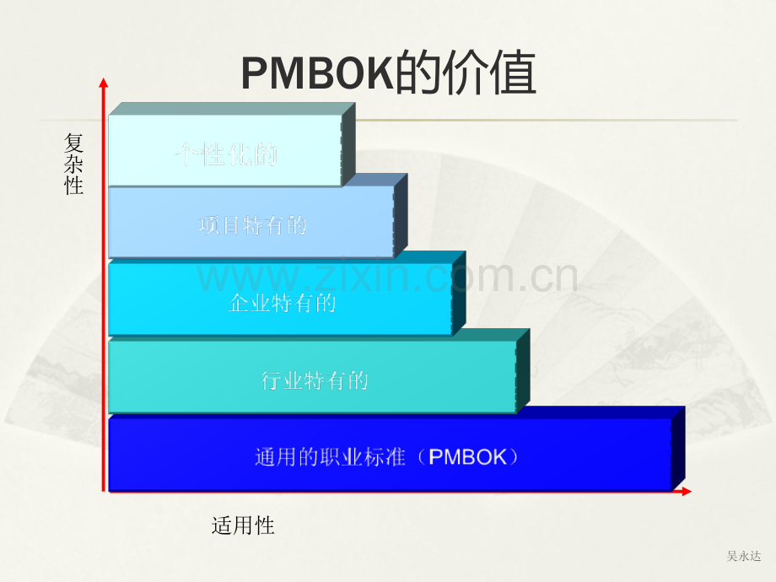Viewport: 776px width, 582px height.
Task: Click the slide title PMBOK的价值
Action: [389, 73]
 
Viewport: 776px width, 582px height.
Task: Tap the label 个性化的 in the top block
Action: [226, 154]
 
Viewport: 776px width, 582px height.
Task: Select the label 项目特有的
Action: [253, 225]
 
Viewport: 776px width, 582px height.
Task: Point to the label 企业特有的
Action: [282, 303]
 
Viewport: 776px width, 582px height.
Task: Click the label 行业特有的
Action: [315, 380]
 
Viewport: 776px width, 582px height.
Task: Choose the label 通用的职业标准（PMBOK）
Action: [386, 457]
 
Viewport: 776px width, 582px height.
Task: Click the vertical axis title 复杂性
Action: [73, 164]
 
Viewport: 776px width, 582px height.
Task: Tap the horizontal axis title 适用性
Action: [243, 525]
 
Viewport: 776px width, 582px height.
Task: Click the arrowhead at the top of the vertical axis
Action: [104, 83]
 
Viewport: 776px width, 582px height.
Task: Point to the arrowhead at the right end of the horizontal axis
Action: [686, 491]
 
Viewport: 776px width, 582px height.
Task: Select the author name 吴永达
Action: [743, 556]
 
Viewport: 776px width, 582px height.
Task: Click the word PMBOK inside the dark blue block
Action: [467, 457]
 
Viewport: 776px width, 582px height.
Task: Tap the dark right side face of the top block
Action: [348, 144]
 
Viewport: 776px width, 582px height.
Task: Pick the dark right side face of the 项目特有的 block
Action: [401, 215]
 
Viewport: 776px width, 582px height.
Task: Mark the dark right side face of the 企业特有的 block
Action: [459, 293]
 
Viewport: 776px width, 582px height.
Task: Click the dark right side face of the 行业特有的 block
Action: [523, 370]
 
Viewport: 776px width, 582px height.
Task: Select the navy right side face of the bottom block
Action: [678, 449]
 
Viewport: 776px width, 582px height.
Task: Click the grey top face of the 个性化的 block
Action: [232, 109]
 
